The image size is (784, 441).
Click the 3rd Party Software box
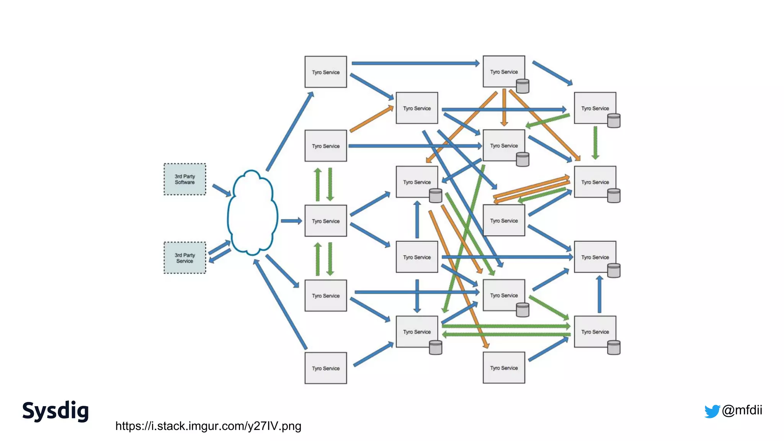tap(185, 179)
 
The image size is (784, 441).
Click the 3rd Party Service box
tap(185, 258)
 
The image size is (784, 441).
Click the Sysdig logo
tap(56, 411)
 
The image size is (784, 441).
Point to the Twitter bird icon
tap(712, 411)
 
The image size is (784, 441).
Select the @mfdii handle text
tap(742, 410)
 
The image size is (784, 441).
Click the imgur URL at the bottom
tap(208, 426)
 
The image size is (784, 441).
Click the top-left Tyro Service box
tap(325, 72)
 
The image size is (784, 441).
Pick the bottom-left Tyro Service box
tap(325, 368)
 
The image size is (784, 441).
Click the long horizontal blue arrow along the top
tap(415, 63)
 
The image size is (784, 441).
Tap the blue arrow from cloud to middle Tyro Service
tap(291, 221)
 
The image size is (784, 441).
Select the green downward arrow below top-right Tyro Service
tap(595, 142)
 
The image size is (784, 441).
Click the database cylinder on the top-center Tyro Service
tap(523, 86)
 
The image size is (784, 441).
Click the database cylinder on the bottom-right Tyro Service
tap(614, 348)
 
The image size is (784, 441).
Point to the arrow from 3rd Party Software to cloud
tap(221, 190)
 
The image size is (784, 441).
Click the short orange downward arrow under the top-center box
tap(504, 107)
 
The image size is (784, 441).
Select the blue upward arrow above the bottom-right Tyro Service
tap(599, 294)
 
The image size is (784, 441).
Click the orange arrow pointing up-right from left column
tap(371, 119)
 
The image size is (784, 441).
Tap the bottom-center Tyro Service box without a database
tap(504, 368)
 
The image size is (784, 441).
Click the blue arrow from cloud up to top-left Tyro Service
tap(290, 131)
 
